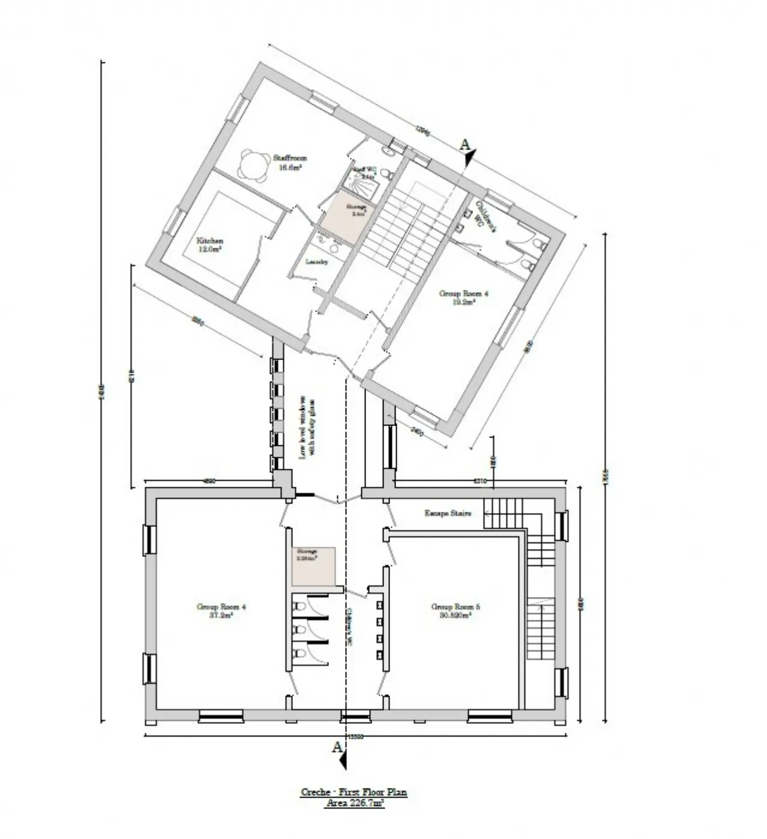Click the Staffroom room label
pos(290,162)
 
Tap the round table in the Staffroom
pos(253,165)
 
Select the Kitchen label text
pos(210,245)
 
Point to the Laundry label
pos(316,262)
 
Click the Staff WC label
pos(363,173)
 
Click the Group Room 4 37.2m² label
pos(222,610)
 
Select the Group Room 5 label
pos(456,610)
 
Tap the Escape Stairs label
pos(448,514)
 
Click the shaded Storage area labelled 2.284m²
pos(313,566)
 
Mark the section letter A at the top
pos(464,144)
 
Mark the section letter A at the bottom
pos(337,747)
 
